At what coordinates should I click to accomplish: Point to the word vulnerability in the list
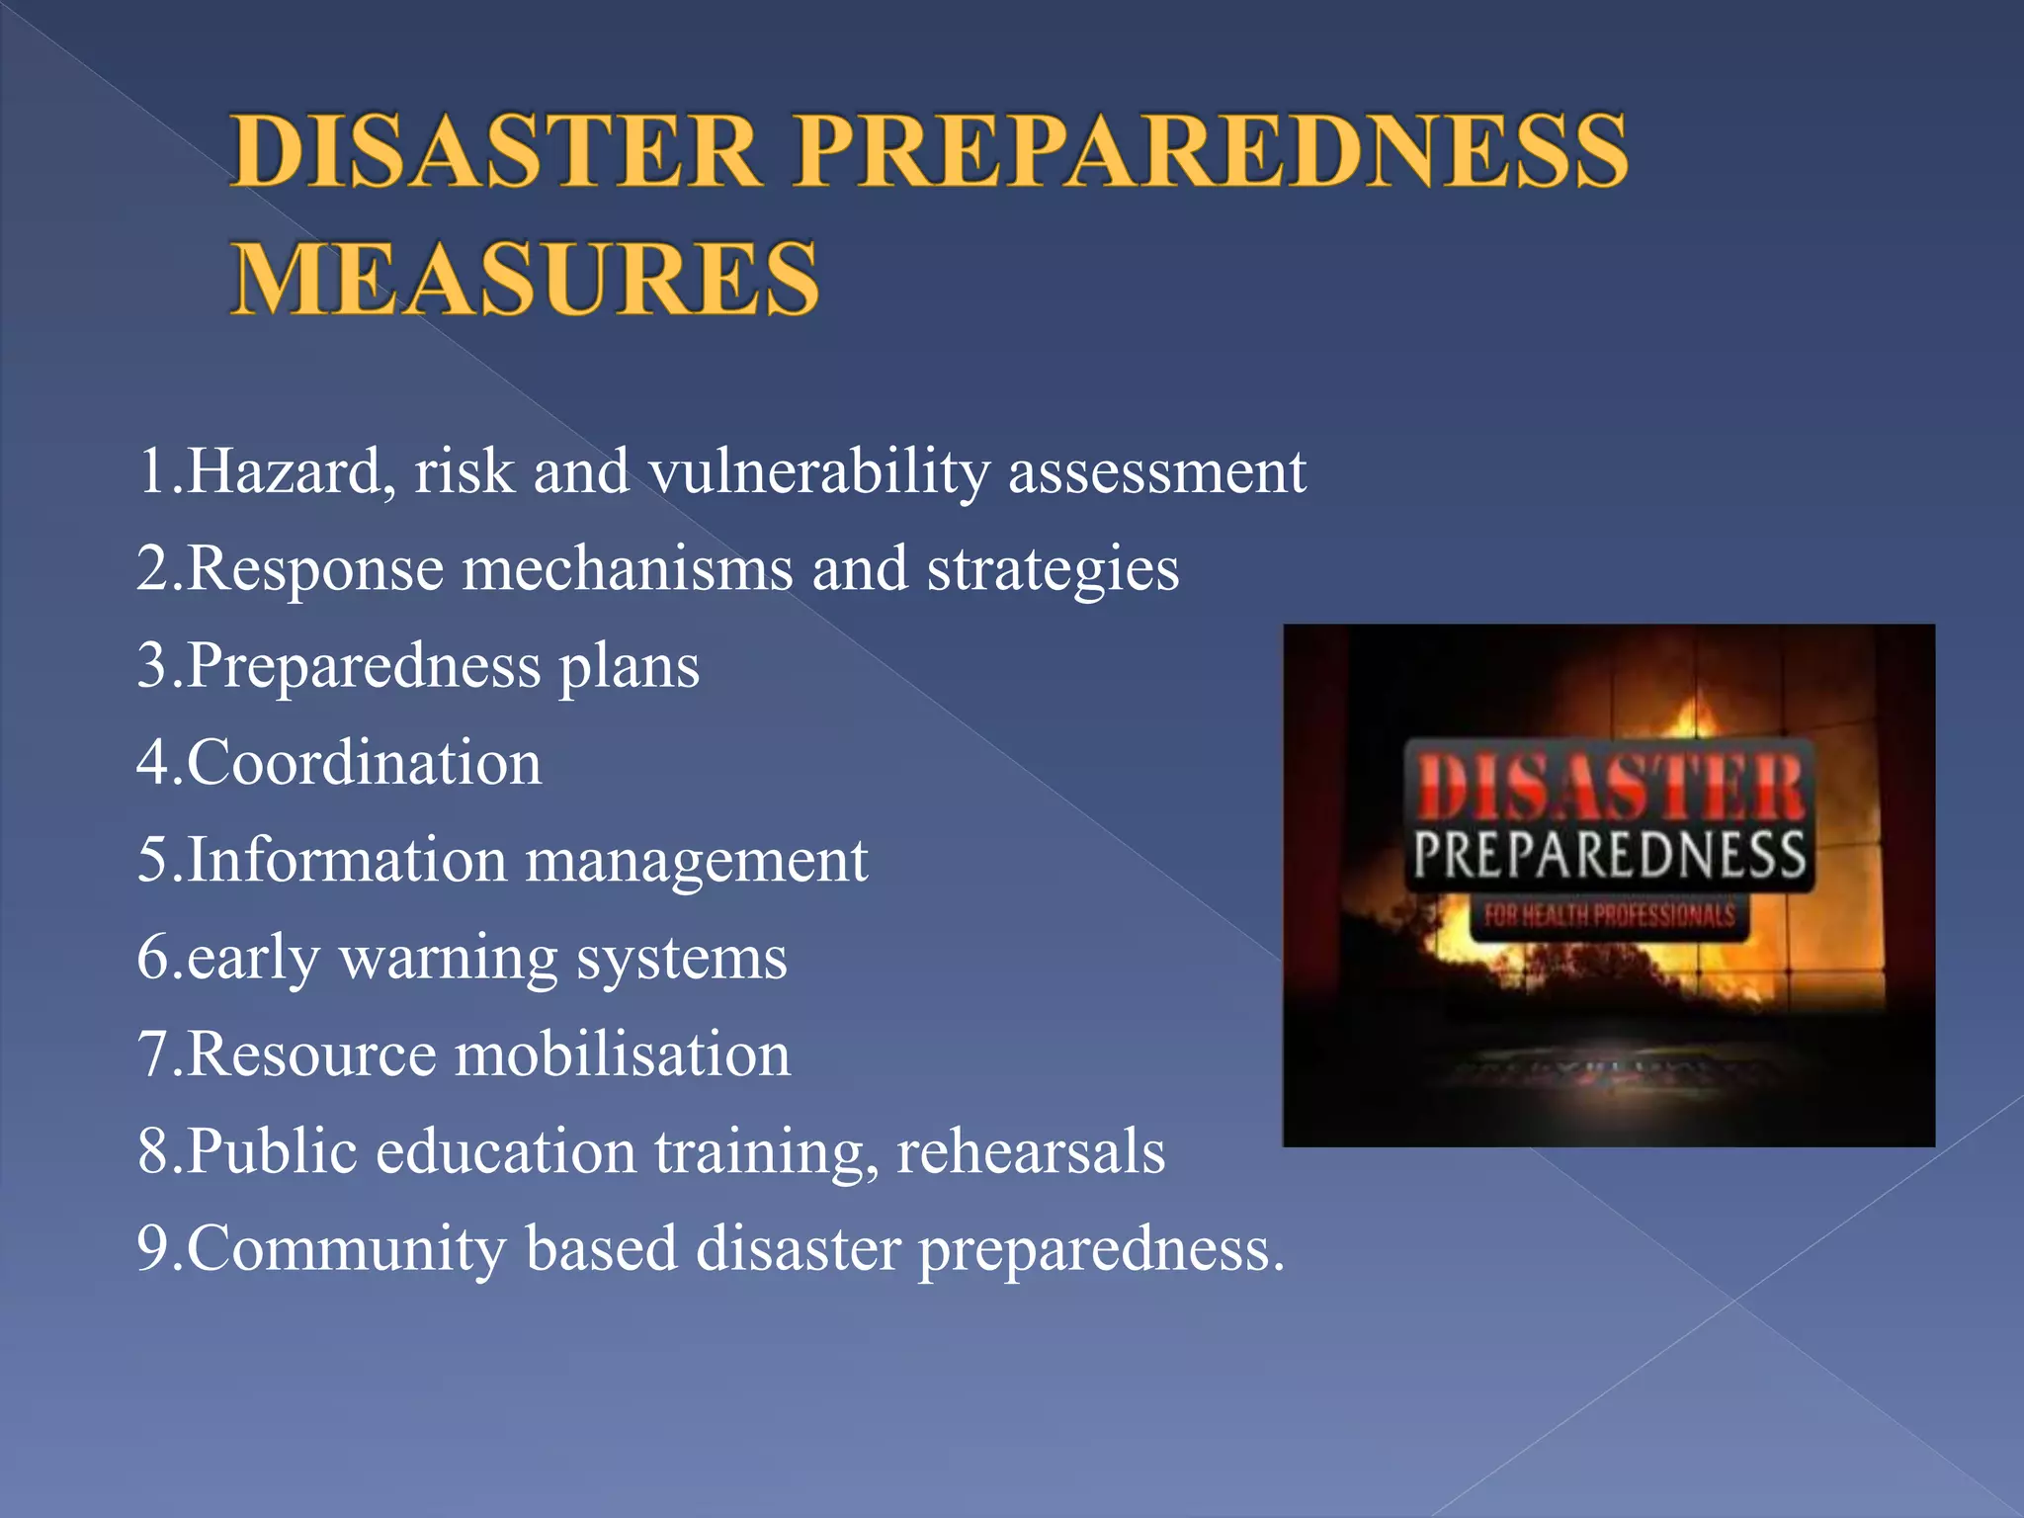click(819, 472)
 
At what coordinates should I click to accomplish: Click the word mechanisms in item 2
click(628, 569)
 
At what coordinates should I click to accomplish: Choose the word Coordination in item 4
click(364, 763)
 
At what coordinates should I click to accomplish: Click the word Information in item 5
click(346, 860)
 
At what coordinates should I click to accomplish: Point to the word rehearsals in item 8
click(1031, 1151)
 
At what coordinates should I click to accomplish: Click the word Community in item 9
click(346, 1248)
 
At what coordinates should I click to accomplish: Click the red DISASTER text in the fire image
click(1609, 788)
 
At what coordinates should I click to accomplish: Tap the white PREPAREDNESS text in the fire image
click(1609, 856)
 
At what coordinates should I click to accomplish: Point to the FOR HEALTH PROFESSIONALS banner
click(1609, 915)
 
